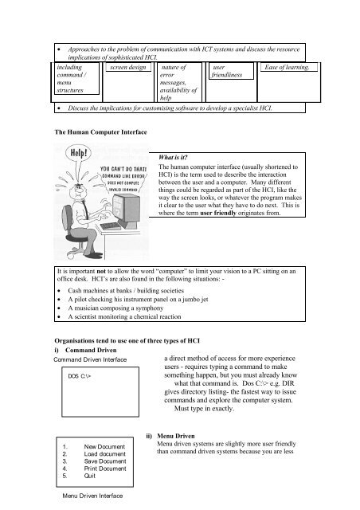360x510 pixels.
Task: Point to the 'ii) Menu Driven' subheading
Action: pos(172,437)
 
